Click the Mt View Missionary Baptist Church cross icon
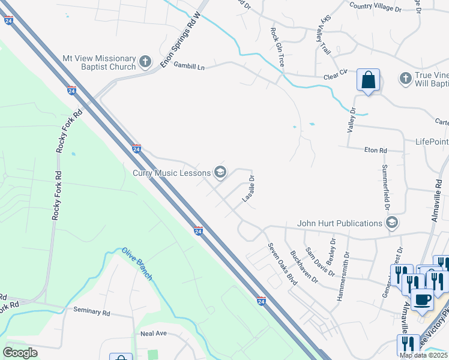[x=145, y=62]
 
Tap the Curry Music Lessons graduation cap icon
[x=220, y=173]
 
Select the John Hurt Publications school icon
[x=392, y=224]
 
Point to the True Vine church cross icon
[x=405, y=79]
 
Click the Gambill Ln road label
[x=189, y=68]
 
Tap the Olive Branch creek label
[x=137, y=263]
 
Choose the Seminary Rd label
[x=92, y=312]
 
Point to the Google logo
[x=20, y=352]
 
